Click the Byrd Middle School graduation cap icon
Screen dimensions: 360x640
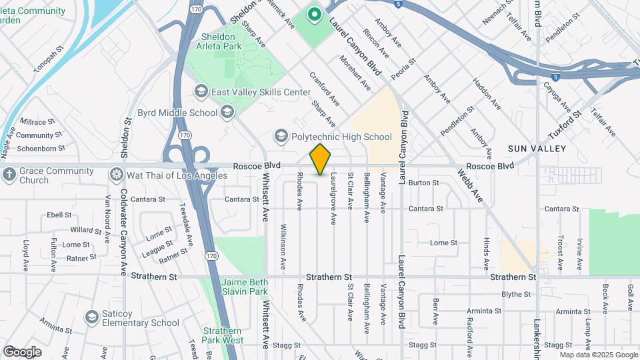(227, 112)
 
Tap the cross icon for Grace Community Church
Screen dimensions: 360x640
(9, 175)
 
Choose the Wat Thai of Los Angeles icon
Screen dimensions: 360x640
(117, 175)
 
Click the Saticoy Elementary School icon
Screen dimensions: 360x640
(91, 318)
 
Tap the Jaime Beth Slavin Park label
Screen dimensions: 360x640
(244, 287)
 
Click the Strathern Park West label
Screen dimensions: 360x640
(223, 335)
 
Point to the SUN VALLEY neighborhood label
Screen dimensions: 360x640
(537, 148)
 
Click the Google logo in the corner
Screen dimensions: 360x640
(22, 351)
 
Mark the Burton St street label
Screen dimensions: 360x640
(423, 182)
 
